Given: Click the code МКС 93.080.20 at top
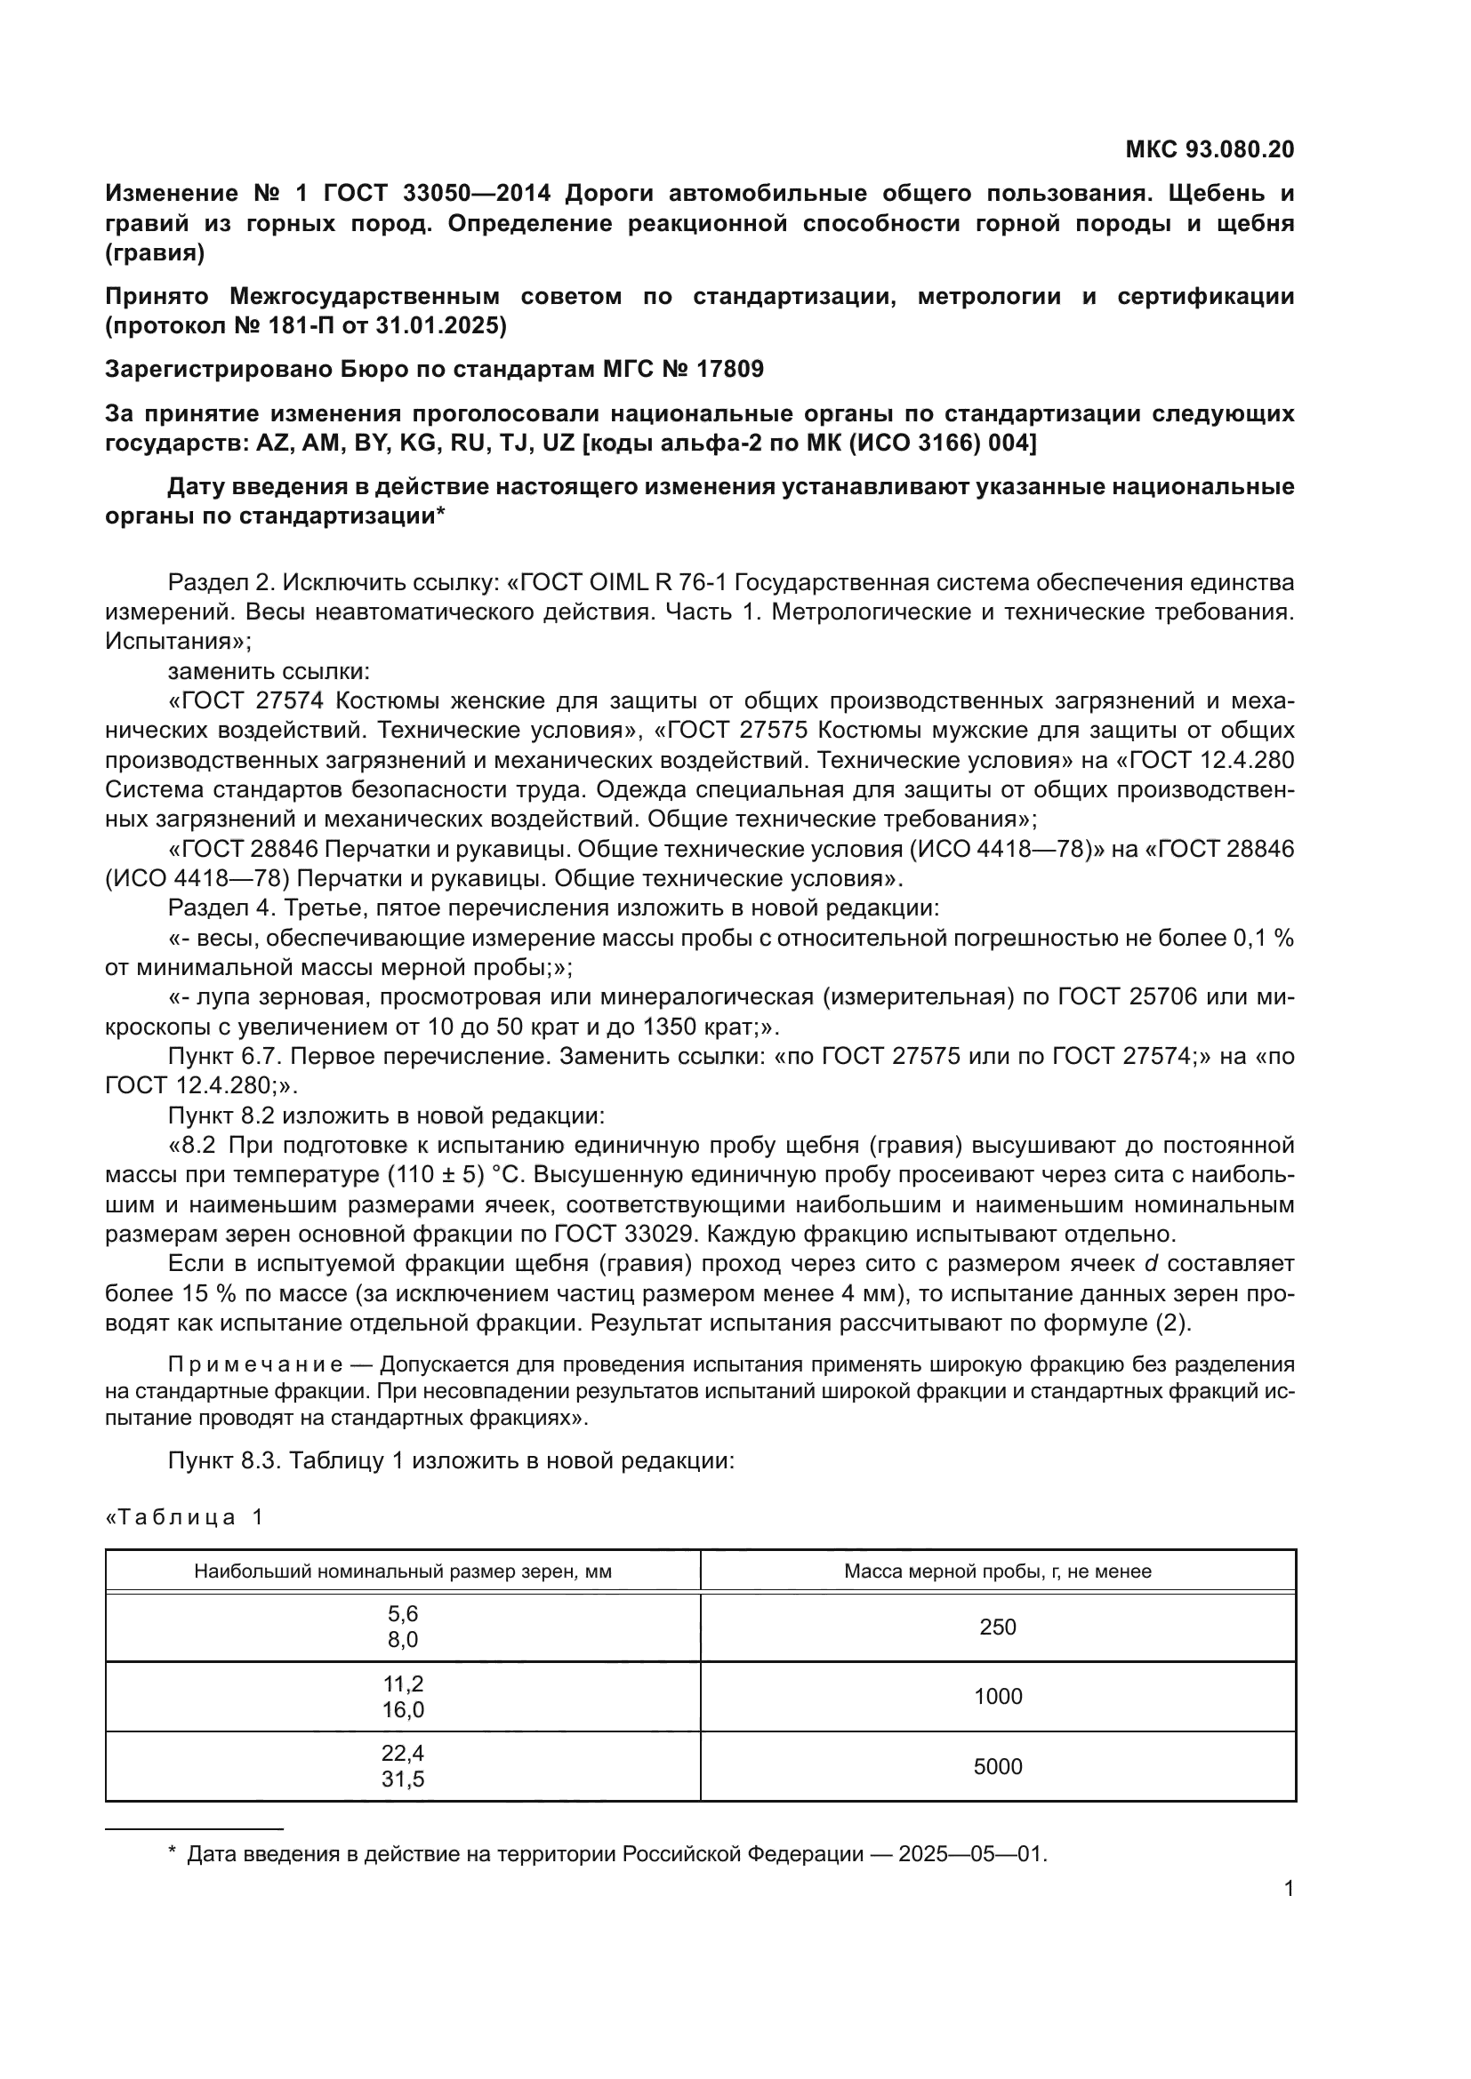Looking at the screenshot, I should click(1210, 149).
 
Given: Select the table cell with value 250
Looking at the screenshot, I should click(997, 1627).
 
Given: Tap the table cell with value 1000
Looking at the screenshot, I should click(997, 1697).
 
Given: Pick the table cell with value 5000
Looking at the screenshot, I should click(997, 1767).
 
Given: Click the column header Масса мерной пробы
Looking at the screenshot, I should click(997, 1571).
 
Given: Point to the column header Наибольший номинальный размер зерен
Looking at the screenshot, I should click(402, 1571).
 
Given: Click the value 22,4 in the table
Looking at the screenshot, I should click(402, 1754).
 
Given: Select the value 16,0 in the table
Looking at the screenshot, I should click(402, 1709).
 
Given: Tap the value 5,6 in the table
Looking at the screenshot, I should click(402, 1613).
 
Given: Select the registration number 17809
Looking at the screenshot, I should click(729, 370).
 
